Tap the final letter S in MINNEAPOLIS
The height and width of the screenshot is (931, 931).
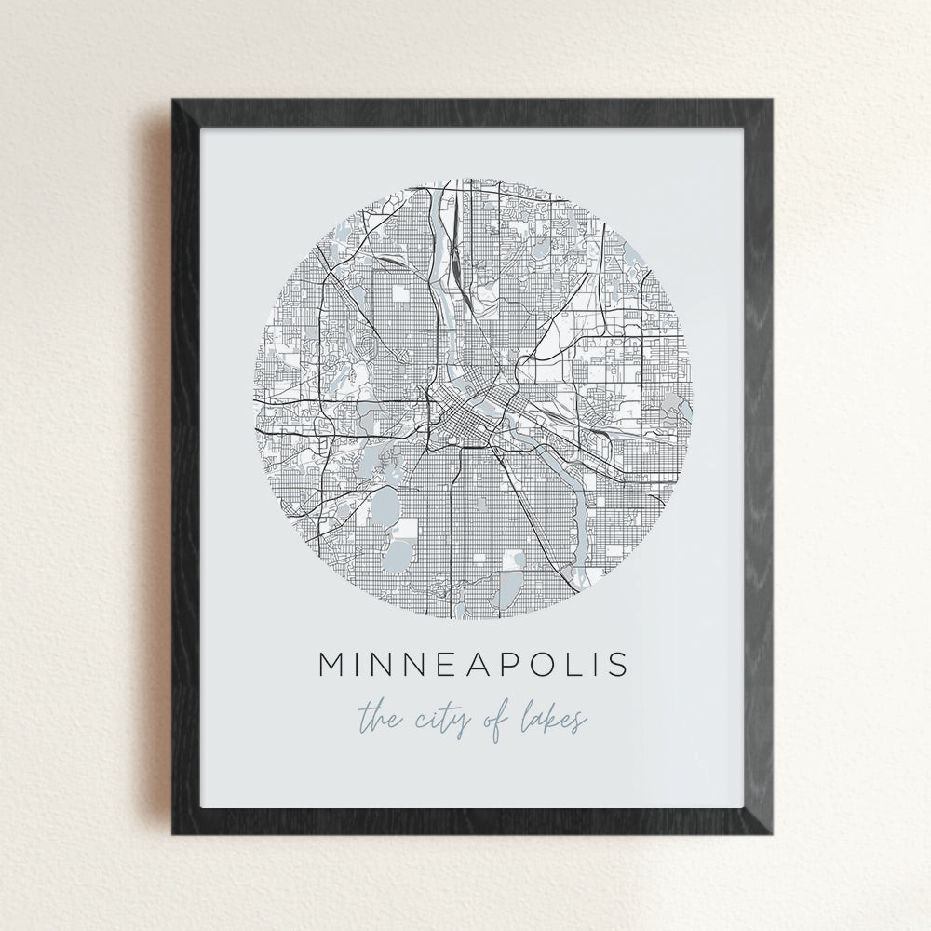(615, 665)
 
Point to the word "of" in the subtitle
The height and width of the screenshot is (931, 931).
(504, 720)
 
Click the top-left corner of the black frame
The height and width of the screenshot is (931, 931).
(173, 100)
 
